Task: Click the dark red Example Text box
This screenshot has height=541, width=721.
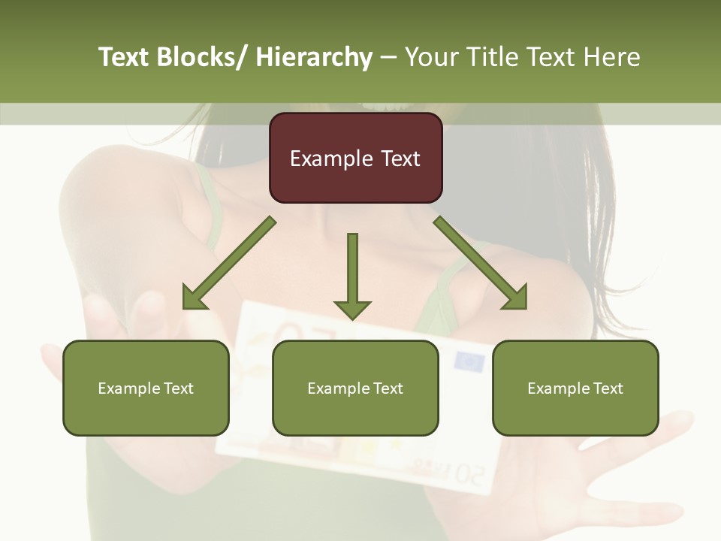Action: [355, 158]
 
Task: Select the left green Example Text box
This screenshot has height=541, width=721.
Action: [146, 388]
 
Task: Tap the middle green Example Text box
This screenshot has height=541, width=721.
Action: [355, 388]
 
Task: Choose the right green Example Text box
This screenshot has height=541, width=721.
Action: [575, 388]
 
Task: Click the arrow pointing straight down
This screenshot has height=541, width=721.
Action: [352, 275]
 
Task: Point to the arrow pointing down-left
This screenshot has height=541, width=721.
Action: [229, 264]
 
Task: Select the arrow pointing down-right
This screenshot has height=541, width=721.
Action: [481, 263]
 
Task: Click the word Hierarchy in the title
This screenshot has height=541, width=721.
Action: [314, 57]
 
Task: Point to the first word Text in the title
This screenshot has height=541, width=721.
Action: [123, 57]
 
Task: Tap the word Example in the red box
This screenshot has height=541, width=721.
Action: [330, 159]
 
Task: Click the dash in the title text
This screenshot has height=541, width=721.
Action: [388, 57]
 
